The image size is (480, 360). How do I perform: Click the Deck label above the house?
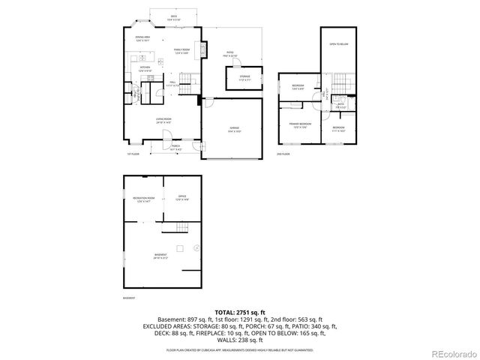coord(173,15)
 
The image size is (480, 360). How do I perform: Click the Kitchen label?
coord(145,68)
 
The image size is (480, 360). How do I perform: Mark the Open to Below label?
coord(338,45)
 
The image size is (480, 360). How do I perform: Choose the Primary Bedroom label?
coord(299,123)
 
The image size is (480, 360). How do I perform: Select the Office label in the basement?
coord(181,198)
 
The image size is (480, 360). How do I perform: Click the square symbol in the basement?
coord(180,247)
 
